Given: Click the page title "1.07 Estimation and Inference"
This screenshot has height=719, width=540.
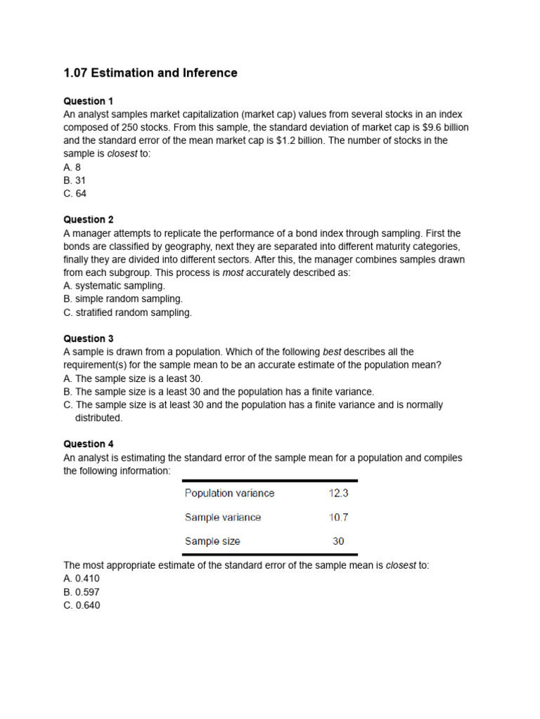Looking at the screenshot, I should coord(150,73).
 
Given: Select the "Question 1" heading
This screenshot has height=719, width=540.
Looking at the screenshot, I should coord(89,101).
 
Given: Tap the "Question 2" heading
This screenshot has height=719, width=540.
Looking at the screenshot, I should coord(89,220).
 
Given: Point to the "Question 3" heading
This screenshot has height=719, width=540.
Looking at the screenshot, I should coord(89,338).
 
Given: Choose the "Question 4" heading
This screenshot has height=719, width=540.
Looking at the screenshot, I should coord(89,444).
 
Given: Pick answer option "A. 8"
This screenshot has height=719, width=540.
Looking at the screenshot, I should coord(72,167).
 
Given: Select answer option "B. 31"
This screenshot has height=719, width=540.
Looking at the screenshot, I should coord(75,180).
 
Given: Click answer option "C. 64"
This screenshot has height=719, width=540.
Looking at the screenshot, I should coord(75,194).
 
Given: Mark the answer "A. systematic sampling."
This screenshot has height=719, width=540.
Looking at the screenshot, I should coord(115,286).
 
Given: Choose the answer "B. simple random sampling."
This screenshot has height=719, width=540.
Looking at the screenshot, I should coord(123,299).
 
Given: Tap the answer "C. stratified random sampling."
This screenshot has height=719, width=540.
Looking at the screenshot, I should coord(128,312).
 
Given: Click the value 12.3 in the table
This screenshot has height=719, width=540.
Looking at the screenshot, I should coord(338,493).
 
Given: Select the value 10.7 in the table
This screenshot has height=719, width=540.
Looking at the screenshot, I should coord(338,517).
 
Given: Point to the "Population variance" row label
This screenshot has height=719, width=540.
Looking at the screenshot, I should coord(229,493).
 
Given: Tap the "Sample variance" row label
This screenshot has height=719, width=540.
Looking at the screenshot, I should coord(223,517).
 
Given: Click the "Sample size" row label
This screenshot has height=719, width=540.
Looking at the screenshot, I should coord(212,541).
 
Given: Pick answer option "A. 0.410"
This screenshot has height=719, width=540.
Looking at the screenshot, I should coord(82,579).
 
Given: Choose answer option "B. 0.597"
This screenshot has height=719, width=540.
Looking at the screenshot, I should coord(82,592).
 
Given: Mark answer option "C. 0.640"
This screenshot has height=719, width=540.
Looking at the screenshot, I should coord(82,605).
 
